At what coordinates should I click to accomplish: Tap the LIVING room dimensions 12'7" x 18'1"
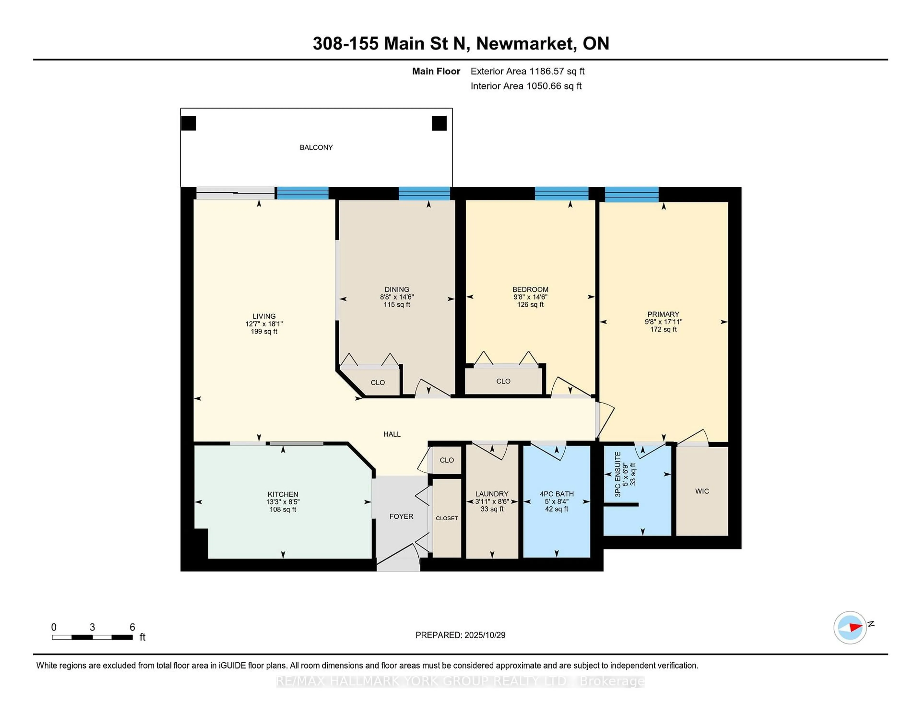[x=264, y=324]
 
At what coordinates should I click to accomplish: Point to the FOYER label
[x=401, y=516]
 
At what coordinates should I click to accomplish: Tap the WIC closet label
[x=702, y=491]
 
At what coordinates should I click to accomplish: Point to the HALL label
[x=392, y=434]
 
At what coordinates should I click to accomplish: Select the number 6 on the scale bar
[x=132, y=627]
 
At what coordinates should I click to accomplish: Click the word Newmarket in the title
[x=526, y=43]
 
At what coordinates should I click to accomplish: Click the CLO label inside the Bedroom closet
[x=503, y=381]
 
